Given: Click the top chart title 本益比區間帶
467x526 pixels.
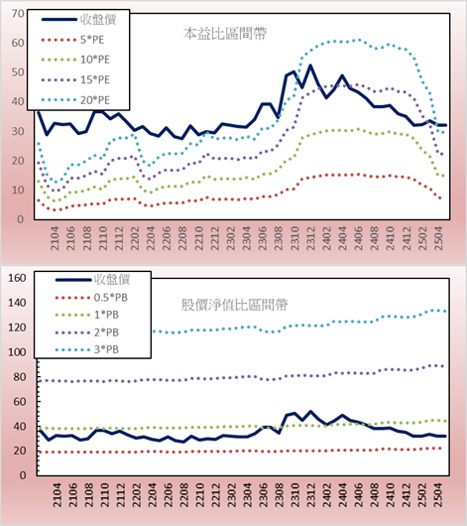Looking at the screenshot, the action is tap(225, 34).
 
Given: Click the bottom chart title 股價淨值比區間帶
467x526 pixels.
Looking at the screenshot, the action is tap(234, 305).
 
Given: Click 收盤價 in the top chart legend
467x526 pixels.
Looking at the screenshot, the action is tap(98, 20).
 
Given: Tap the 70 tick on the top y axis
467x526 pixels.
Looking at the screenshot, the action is tap(18, 14).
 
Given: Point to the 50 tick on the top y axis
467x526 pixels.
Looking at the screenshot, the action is tap(18, 72).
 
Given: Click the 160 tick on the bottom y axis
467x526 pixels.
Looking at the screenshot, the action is tap(17, 278).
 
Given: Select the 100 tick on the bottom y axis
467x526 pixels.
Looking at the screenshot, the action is tap(17, 352).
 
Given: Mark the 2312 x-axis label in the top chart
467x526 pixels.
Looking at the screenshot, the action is tap(310, 238).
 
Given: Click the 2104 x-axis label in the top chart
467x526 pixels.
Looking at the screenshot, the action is tap(55, 238).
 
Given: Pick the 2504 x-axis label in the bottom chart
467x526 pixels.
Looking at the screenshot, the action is tap(439, 495).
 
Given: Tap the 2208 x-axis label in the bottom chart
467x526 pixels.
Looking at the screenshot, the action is tap(183, 495).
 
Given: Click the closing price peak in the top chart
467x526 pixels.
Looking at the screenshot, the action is tap(310, 66).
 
